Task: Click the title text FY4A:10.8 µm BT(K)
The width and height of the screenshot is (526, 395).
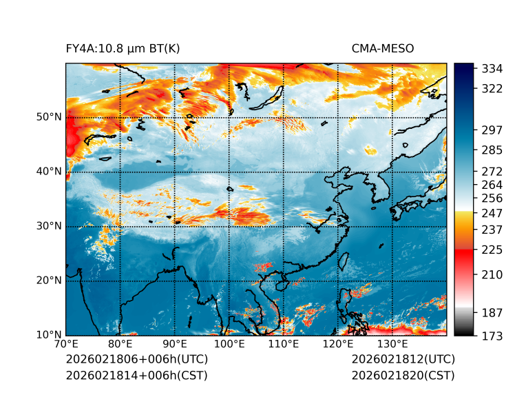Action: (123, 48)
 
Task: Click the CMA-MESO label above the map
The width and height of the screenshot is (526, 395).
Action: (383, 48)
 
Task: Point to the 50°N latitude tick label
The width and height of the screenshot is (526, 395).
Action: (49, 117)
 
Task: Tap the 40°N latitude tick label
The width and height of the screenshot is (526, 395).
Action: (49, 172)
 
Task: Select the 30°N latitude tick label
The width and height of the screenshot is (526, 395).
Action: (49, 226)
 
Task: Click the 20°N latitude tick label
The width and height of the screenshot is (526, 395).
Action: (49, 281)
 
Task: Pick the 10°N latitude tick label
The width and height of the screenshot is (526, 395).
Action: (49, 335)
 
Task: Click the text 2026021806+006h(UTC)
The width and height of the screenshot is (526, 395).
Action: (136, 360)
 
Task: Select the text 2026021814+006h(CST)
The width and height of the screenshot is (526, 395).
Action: (136, 375)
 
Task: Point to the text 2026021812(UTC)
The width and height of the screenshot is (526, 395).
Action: (403, 360)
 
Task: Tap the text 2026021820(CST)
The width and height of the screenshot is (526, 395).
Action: (403, 375)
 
